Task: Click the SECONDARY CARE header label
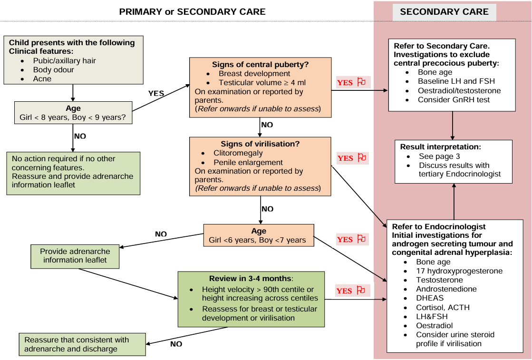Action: coord(444,12)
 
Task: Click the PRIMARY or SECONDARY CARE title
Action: coord(192,12)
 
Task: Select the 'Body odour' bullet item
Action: coord(53,70)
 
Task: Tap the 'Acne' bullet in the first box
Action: coord(42,79)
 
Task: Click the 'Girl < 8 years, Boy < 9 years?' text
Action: coord(73,117)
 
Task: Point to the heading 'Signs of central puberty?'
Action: coord(260,65)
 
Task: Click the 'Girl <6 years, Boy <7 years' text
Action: coord(257,240)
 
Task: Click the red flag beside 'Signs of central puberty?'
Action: coord(361,82)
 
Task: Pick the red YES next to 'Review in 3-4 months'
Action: coord(344,291)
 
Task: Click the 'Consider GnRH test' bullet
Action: coord(454,99)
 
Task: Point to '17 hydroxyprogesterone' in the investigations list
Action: coord(459,271)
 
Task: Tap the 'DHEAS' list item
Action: coord(429,298)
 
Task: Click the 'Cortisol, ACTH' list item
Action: coord(443,307)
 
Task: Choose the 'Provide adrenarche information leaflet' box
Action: coord(75,256)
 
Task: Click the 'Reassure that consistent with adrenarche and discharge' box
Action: coord(82,344)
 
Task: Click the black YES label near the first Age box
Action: coord(156,94)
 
